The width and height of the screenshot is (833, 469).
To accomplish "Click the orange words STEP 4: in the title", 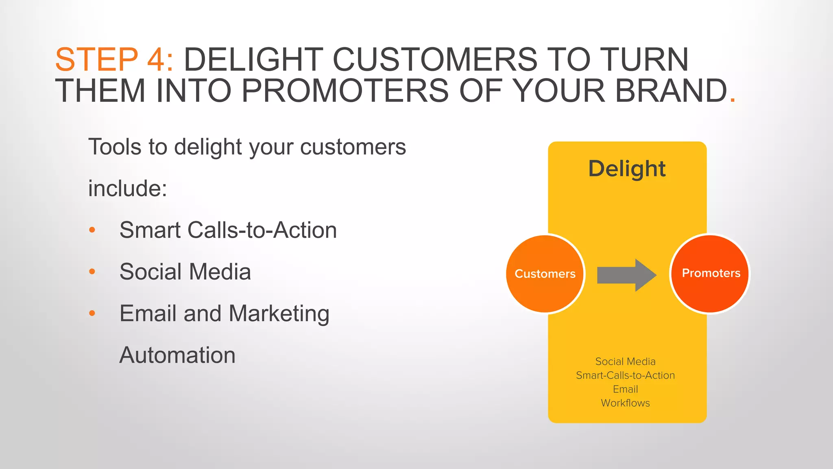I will tap(114, 60).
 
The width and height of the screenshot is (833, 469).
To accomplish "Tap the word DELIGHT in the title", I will tap(253, 60).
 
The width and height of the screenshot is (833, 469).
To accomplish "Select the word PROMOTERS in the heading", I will tap(345, 91).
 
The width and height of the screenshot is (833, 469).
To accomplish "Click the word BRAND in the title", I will tap(671, 91).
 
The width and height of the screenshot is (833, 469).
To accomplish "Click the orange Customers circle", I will tap(545, 274).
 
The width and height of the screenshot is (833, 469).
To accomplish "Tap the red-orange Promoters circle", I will tap(710, 273).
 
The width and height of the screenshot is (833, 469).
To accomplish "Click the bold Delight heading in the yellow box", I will tap(627, 169).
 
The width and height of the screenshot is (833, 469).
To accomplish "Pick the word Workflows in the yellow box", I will tap(625, 403).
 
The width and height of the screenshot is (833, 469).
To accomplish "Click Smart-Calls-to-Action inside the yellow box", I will tap(625, 375).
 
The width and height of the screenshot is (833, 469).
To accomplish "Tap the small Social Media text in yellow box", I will tap(625, 362).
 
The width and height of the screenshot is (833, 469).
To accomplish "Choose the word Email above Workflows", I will tap(625, 389).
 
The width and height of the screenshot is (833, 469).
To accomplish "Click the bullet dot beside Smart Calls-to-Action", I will tap(92, 230).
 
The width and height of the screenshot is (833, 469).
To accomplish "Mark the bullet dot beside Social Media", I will tap(92, 272).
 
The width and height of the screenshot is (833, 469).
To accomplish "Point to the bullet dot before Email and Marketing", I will tap(92, 313).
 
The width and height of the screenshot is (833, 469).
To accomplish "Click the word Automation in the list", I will tap(177, 355).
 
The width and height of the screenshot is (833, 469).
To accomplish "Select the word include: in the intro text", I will tap(128, 188).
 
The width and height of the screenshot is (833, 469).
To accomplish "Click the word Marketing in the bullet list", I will tap(279, 314).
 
